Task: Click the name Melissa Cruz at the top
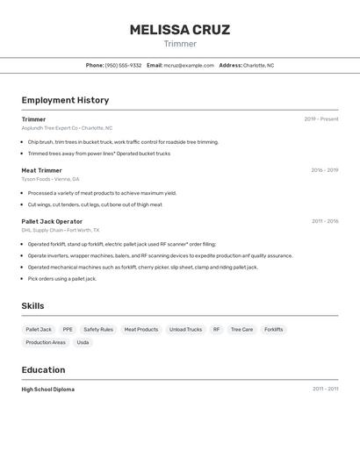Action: pyautogui.click(x=180, y=30)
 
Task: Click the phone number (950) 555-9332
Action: pyautogui.click(x=123, y=65)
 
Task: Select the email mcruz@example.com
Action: pyautogui.click(x=189, y=65)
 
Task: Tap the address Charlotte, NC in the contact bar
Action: pyautogui.click(x=258, y=65)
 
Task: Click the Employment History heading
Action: pyautogui.click(x=65, y=101)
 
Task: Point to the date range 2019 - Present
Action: pyautogui.click(x=320, y=119)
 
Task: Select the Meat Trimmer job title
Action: pyautogui.click(x=41, y=170)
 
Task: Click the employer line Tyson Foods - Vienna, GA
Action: pyautogui.click(x=50, y=179)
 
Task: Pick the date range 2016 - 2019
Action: pyautogui.click(x=324, y=170)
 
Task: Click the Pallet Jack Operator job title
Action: pyautogui.click(x=52, y=221)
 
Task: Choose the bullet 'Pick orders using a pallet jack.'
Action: pyautogui.click(x=62, y=278)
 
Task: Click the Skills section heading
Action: pyautogui.click(x=32, y=305)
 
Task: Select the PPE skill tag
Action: pyautogui.click(x=68, y=330)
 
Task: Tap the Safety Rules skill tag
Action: pyautogui.click(x=98, y=330)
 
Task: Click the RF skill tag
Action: pyautogui.click(x=216, y=330)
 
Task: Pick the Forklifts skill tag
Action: pyautogui.click(x=273, y=330)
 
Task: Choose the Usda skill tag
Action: pyautogui.click(x=83, y=342)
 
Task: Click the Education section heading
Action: pyautogui.click(x=43, y=369)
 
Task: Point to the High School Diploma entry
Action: pyautogui.click(x=48, y=389)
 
